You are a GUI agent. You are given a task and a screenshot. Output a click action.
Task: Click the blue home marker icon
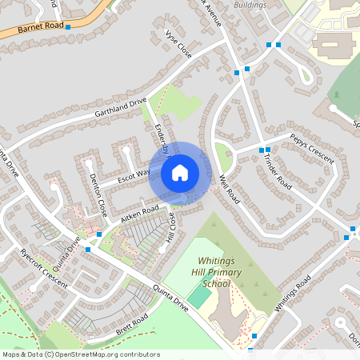[179, 172]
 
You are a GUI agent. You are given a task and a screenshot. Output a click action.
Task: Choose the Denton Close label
[98, 196]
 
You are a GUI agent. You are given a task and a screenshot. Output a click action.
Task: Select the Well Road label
[228, 188]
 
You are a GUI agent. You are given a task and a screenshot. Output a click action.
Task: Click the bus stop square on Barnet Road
[68, 27]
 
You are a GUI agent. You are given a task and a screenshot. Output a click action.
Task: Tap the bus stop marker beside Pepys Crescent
[262, 150]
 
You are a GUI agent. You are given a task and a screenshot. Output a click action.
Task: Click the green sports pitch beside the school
[200, 296]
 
